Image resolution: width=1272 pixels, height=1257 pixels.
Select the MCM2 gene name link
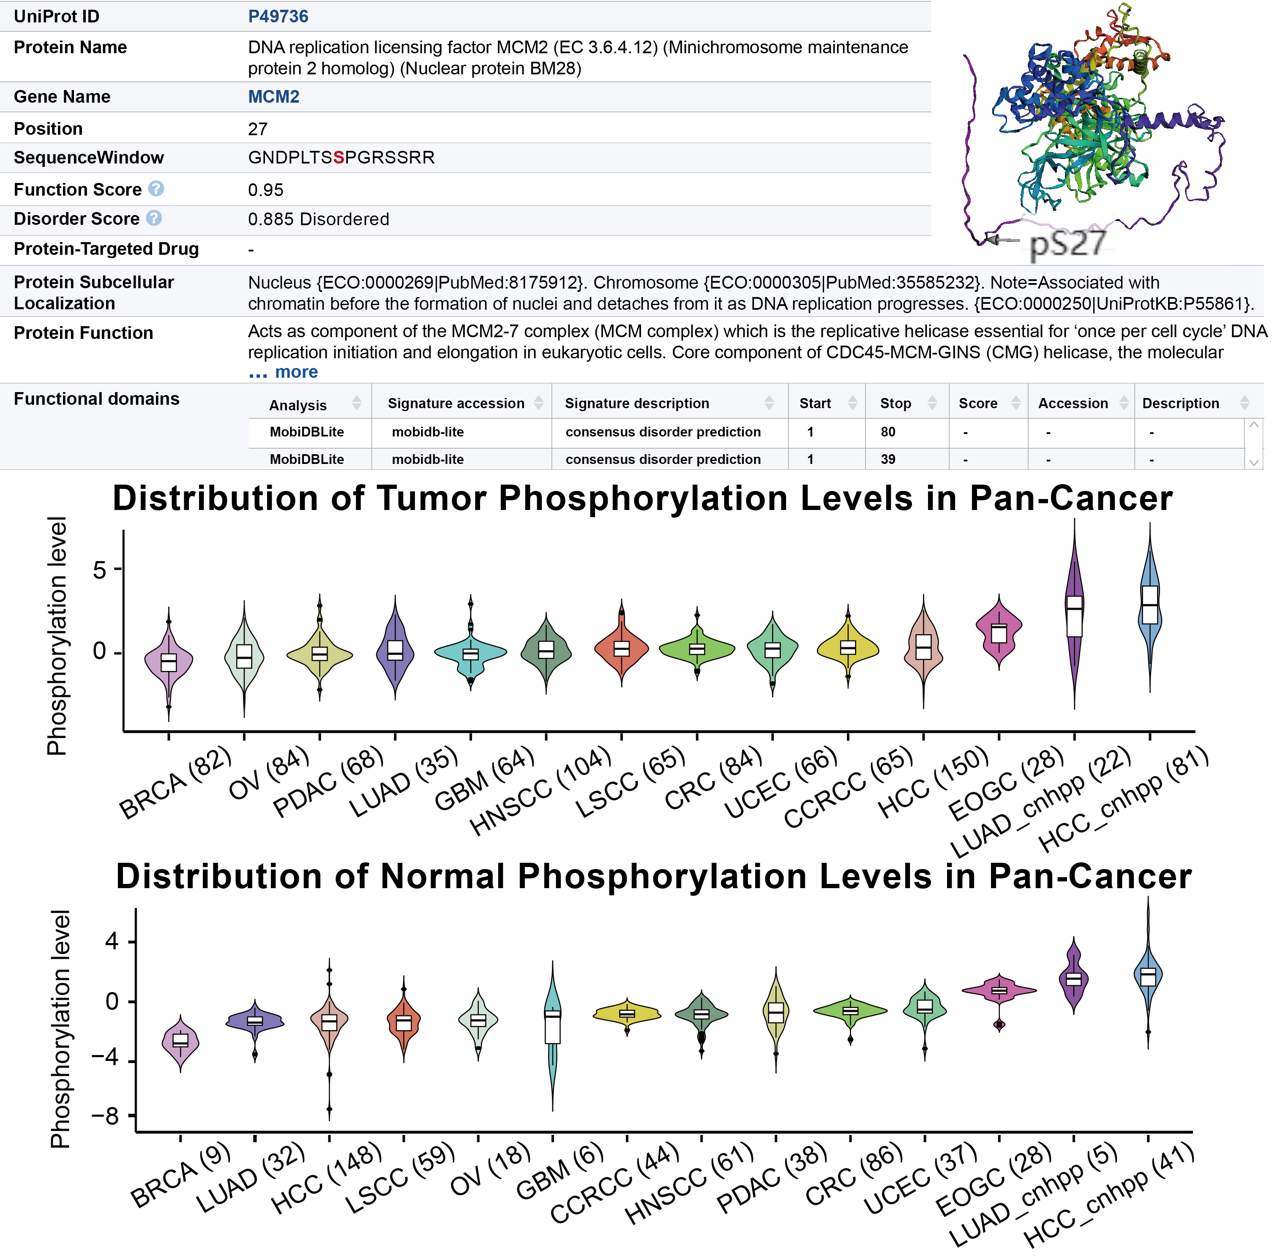point(273,97)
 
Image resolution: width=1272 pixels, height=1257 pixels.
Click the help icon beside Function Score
point(156,189)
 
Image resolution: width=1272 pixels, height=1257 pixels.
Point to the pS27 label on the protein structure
point(1067,243)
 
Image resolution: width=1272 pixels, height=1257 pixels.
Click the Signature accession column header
point(456,404)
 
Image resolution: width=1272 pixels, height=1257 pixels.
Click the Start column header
point(815,404)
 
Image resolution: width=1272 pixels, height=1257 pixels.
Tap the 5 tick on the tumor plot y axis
point(99,569)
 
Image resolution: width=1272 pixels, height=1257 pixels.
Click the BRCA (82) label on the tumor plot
point(175,783)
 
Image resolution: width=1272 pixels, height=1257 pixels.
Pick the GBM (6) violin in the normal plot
point(552,1027)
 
